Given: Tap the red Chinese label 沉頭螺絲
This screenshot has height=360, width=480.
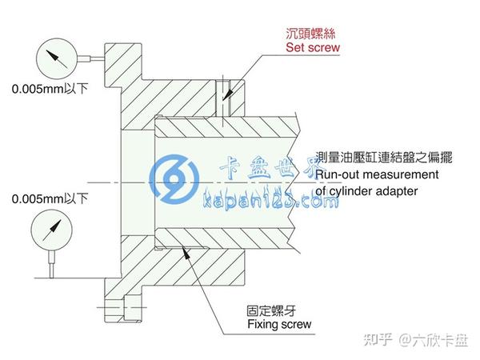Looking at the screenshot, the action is click(x=313, y=35).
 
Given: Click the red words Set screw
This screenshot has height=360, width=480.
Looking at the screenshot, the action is click(x=313, y=48).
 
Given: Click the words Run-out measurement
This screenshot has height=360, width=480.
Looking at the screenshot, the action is click(x=377, y=174).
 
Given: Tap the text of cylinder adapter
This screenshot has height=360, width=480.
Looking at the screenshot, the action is click(x=367, y=190).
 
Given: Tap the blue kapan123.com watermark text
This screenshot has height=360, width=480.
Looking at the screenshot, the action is click(x=272, y=201).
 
